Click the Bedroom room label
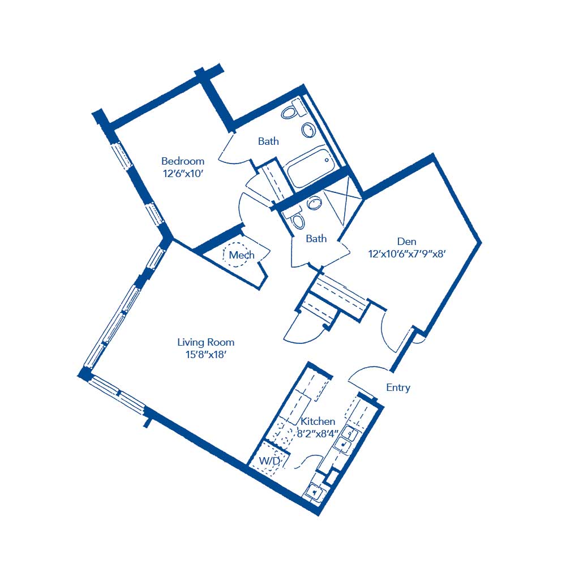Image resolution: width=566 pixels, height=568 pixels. point(182,161)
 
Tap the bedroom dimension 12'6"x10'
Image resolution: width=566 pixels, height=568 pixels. point(182,174)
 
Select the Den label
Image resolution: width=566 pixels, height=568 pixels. point(406,242)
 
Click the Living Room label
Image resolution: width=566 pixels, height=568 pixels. point(205,342)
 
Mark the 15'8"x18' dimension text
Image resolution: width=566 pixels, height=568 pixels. point(205,355)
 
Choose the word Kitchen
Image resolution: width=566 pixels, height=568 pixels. point(318,421)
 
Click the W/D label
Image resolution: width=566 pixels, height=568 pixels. point(269,461)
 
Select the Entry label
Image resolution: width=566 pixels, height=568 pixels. point(398,388)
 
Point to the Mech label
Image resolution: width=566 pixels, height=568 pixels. point(241,255)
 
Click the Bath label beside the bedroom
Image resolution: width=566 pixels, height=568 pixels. point(268,141)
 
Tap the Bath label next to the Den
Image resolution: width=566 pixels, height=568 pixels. point(316,239)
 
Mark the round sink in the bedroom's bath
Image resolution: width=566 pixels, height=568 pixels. point(308,130)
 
